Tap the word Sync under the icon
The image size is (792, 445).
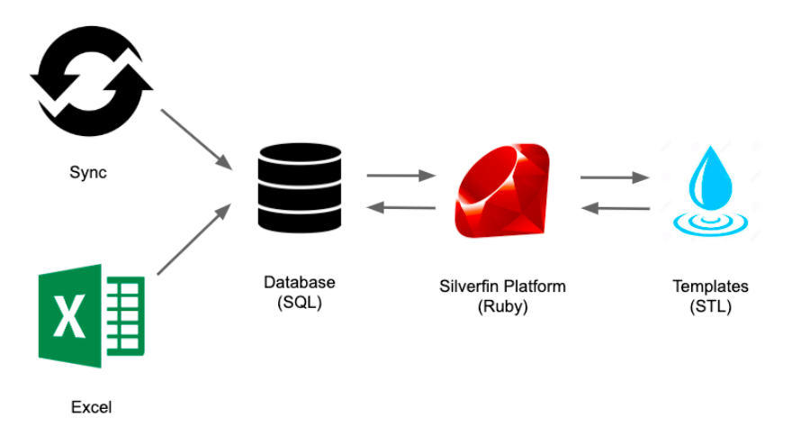(x=88, y=172)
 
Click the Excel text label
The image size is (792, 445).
(x=92, y=407)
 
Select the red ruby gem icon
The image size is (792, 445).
(x=503, y=192)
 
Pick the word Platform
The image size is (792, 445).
(x=536, y=286)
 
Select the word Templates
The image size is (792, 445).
(x=711, y=286)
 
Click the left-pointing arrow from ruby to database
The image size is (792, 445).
(x=401, y=208)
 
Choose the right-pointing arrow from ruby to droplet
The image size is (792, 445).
(x=616, y=177)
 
